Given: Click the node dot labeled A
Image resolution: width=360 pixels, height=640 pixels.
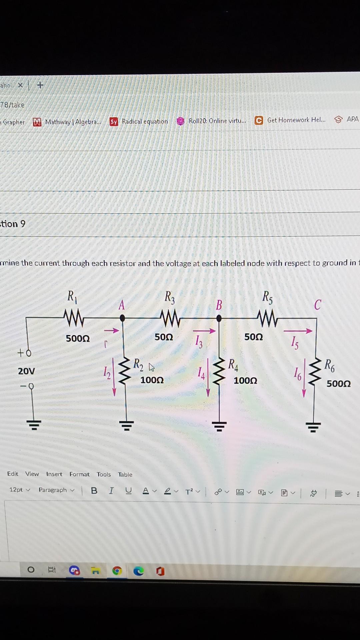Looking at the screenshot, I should [x=122, y=318].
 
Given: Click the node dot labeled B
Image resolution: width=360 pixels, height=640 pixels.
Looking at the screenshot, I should [x=219, y=318].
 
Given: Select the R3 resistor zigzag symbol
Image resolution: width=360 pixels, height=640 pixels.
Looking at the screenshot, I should [x=170, y=319].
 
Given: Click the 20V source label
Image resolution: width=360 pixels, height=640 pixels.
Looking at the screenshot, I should [x=26, y=371].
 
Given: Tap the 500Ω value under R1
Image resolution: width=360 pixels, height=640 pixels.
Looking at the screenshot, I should [x=78, y=339].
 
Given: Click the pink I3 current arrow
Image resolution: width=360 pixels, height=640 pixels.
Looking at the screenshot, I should [x=204, y=331].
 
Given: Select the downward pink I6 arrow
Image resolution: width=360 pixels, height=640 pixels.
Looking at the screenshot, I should [x=304, y=378].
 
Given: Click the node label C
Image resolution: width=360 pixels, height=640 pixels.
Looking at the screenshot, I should [x=317, y=304].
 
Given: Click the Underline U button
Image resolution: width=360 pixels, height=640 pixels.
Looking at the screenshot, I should [x=128, y=491].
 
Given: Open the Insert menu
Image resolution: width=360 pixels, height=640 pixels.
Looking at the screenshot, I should [x=54, y=474].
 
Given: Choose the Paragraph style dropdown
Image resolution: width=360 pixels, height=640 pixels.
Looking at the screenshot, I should [x=56, y=490].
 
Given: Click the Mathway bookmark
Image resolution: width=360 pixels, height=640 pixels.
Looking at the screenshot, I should [x=67, y=122].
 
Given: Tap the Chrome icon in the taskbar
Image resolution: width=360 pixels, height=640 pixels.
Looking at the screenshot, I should [x=117, y=571].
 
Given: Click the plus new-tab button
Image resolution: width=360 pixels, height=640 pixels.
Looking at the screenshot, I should [x=40, y=85].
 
